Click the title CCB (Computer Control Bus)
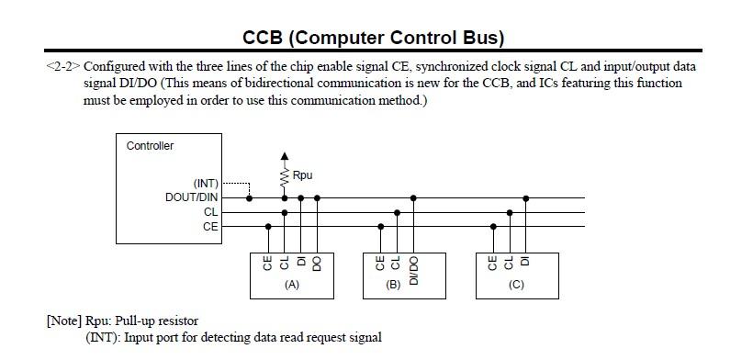coord(373,38)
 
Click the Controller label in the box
coord(150,146)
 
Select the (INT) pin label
coord(206,184)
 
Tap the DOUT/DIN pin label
coord(192,197)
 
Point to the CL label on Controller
coord(211,212)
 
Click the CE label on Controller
coord(211,226)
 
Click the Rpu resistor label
coord(303,174)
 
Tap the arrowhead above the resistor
coord(284,157)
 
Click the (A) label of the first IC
coord(292,285)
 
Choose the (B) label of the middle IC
coord(394,285)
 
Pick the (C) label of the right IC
coord(516,285)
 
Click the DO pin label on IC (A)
coord(317,263)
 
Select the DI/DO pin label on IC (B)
coord(414,266)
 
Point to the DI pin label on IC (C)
coord(526,260)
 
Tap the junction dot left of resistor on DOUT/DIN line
coord(250,197)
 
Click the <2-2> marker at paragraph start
coord(62,67)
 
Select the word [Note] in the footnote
coord(64,321)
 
